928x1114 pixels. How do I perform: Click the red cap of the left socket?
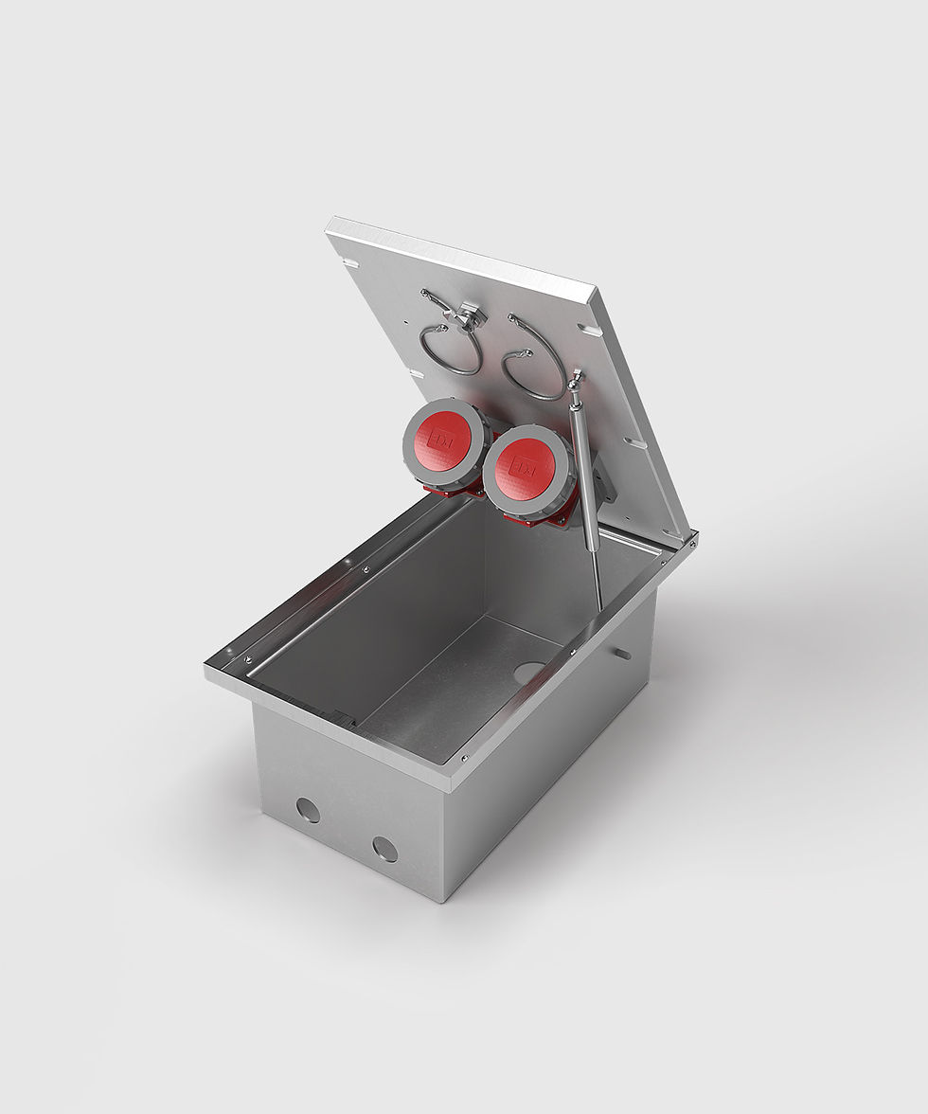pyautogui.click(x=441, y=440)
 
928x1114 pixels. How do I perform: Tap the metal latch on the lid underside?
pyautogui.click(x=468, y=315)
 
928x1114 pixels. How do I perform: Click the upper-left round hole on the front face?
pyautogui.click(x=308, y=810)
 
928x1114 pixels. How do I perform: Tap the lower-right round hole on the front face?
pyautogui.click(x=384, y=849)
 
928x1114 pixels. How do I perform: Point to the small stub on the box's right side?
pyautogui.click(x=621, y=653)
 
